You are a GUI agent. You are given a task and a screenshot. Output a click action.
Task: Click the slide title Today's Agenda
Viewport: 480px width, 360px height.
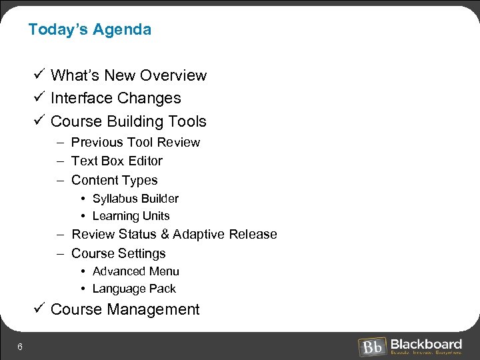(90, 29)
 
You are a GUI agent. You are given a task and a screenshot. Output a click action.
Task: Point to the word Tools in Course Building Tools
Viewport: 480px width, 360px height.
(189, 121)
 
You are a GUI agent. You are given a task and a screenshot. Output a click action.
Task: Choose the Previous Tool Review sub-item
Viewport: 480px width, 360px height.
(135, 142)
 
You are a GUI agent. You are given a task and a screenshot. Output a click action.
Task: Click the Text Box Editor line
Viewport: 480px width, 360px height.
(117, 161)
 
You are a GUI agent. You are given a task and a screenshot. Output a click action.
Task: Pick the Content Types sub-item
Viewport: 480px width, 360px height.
(114, 180)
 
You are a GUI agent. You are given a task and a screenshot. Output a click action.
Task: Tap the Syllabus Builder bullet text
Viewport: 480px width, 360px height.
(135, 199)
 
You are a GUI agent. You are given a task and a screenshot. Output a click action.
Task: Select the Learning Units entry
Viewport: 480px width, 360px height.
(131, 216)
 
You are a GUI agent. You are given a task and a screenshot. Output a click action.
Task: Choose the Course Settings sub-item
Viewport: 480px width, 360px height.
(118, 253)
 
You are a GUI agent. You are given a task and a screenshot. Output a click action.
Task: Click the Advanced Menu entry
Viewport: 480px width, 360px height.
(135, 271)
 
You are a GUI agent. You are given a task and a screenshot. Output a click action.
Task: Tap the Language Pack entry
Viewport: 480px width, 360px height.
(134, 289)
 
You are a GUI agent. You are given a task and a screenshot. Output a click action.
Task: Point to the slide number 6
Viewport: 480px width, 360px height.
(21, 346)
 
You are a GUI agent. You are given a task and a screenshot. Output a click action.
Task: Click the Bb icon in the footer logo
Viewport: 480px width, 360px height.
(372, 347)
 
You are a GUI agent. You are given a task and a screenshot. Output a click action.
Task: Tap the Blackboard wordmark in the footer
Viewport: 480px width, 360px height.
(426, 344)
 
